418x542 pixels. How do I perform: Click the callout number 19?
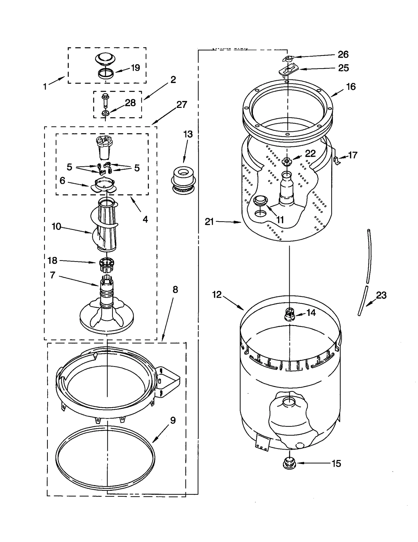(x=135, y=68)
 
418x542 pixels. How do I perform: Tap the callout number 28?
(x=130, y=103)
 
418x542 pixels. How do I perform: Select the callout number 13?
(x=188, y=134)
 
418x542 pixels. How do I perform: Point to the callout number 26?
(x=343, y=54)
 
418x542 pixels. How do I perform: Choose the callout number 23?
(x=381, y=295)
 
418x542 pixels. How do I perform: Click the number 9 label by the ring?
(x=173, y=420)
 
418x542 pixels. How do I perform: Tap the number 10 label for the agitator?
(x=56, y=226)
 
